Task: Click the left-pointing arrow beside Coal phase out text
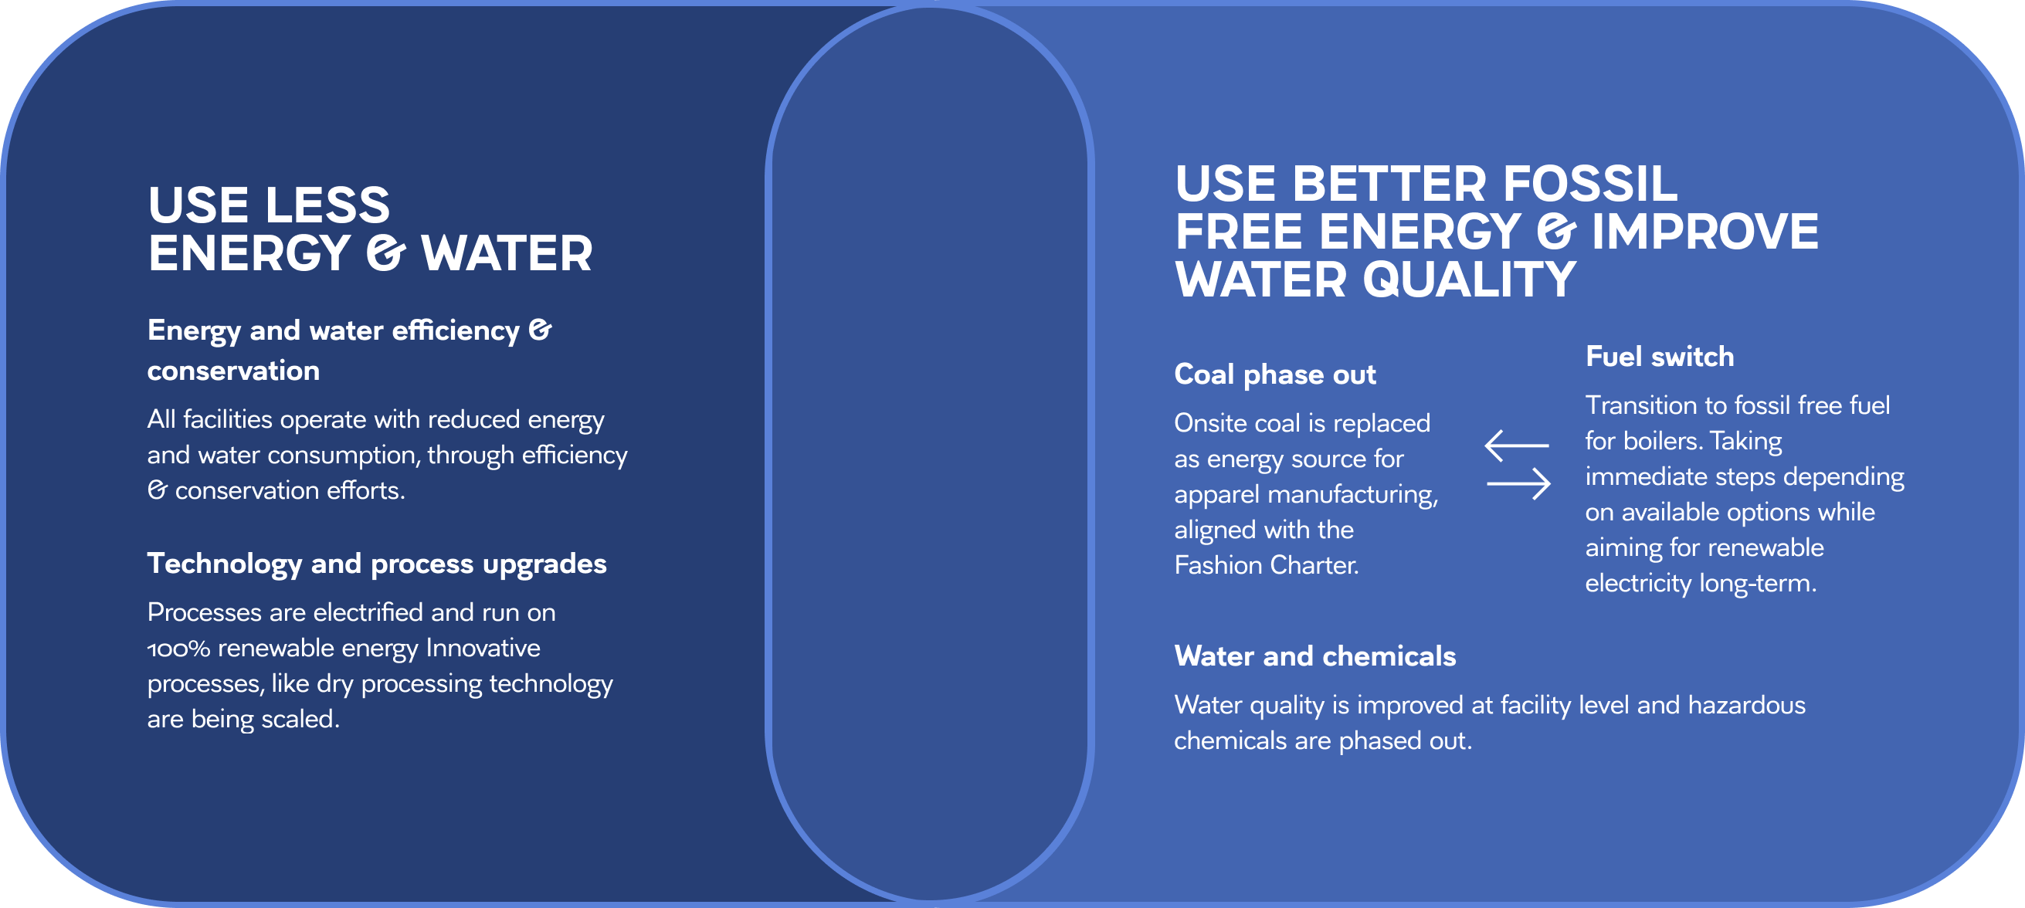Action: point(1516,445)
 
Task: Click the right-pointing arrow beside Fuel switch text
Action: point(1518,483)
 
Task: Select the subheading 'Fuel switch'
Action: point(1660,357)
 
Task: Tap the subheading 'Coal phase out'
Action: point(1275,375)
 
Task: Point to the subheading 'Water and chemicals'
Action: point(1315,656)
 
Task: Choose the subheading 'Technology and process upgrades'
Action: point(377,564)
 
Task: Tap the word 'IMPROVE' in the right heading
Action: point(1705,232)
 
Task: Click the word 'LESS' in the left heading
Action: point(327,205)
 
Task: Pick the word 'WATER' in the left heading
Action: point(507,253)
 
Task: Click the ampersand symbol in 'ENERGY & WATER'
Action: point(385,254)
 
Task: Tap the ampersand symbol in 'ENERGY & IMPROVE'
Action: point(1556,232)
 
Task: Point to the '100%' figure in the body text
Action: point(178,649)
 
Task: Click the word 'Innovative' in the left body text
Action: point(483,648)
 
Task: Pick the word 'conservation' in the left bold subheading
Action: point(233,371)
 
